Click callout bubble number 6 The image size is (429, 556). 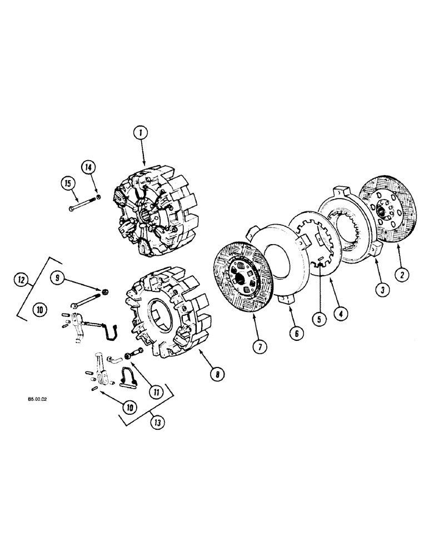coord(296,332)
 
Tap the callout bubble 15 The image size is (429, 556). coord(68,183)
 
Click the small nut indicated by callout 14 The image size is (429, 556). coord(98,196)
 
